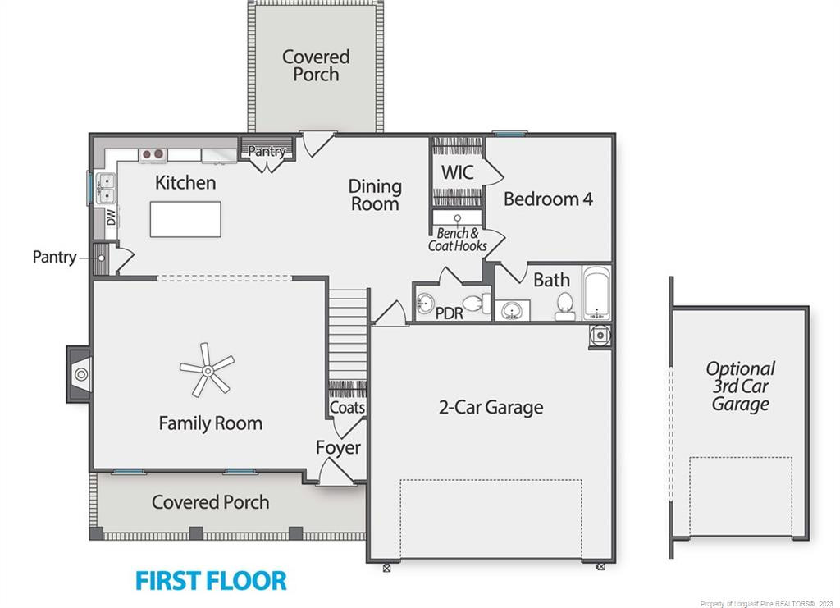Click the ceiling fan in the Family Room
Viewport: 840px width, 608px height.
click(x=207, y=370)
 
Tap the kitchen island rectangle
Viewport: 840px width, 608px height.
click(x=185, y=219)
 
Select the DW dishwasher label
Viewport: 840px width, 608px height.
click(x=111, y=217)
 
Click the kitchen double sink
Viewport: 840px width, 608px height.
click(x=106, y=188)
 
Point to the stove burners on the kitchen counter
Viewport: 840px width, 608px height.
click(x=153, y=154)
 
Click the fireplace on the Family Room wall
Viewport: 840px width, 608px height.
click(x=80, y=374)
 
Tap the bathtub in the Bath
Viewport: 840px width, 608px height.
click(x=597, y=293)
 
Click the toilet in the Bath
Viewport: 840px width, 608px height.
click(x=564, y=306)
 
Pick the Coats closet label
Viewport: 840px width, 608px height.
click(x=347, y=408)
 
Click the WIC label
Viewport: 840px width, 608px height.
click(x=458, y=172)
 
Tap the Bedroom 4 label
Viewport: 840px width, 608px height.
click(x=548, y=199)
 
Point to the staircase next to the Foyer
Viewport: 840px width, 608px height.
click(x=348, y=335)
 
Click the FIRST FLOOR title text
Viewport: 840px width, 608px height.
click(x=211, y=581)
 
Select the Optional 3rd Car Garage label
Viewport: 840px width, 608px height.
click(x=740, y=386)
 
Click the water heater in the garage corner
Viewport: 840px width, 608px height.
click(x=600, y=336)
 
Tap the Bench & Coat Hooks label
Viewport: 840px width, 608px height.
click(x=458, y=240)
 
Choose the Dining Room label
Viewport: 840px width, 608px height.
click(x=375, y=194)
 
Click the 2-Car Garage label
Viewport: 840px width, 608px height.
click(x=491, y=407)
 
